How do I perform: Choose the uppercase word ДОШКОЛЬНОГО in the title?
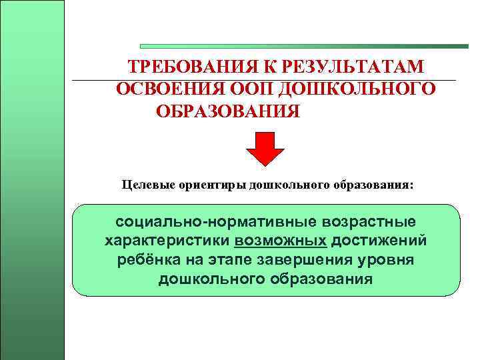tap(357, 89)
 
